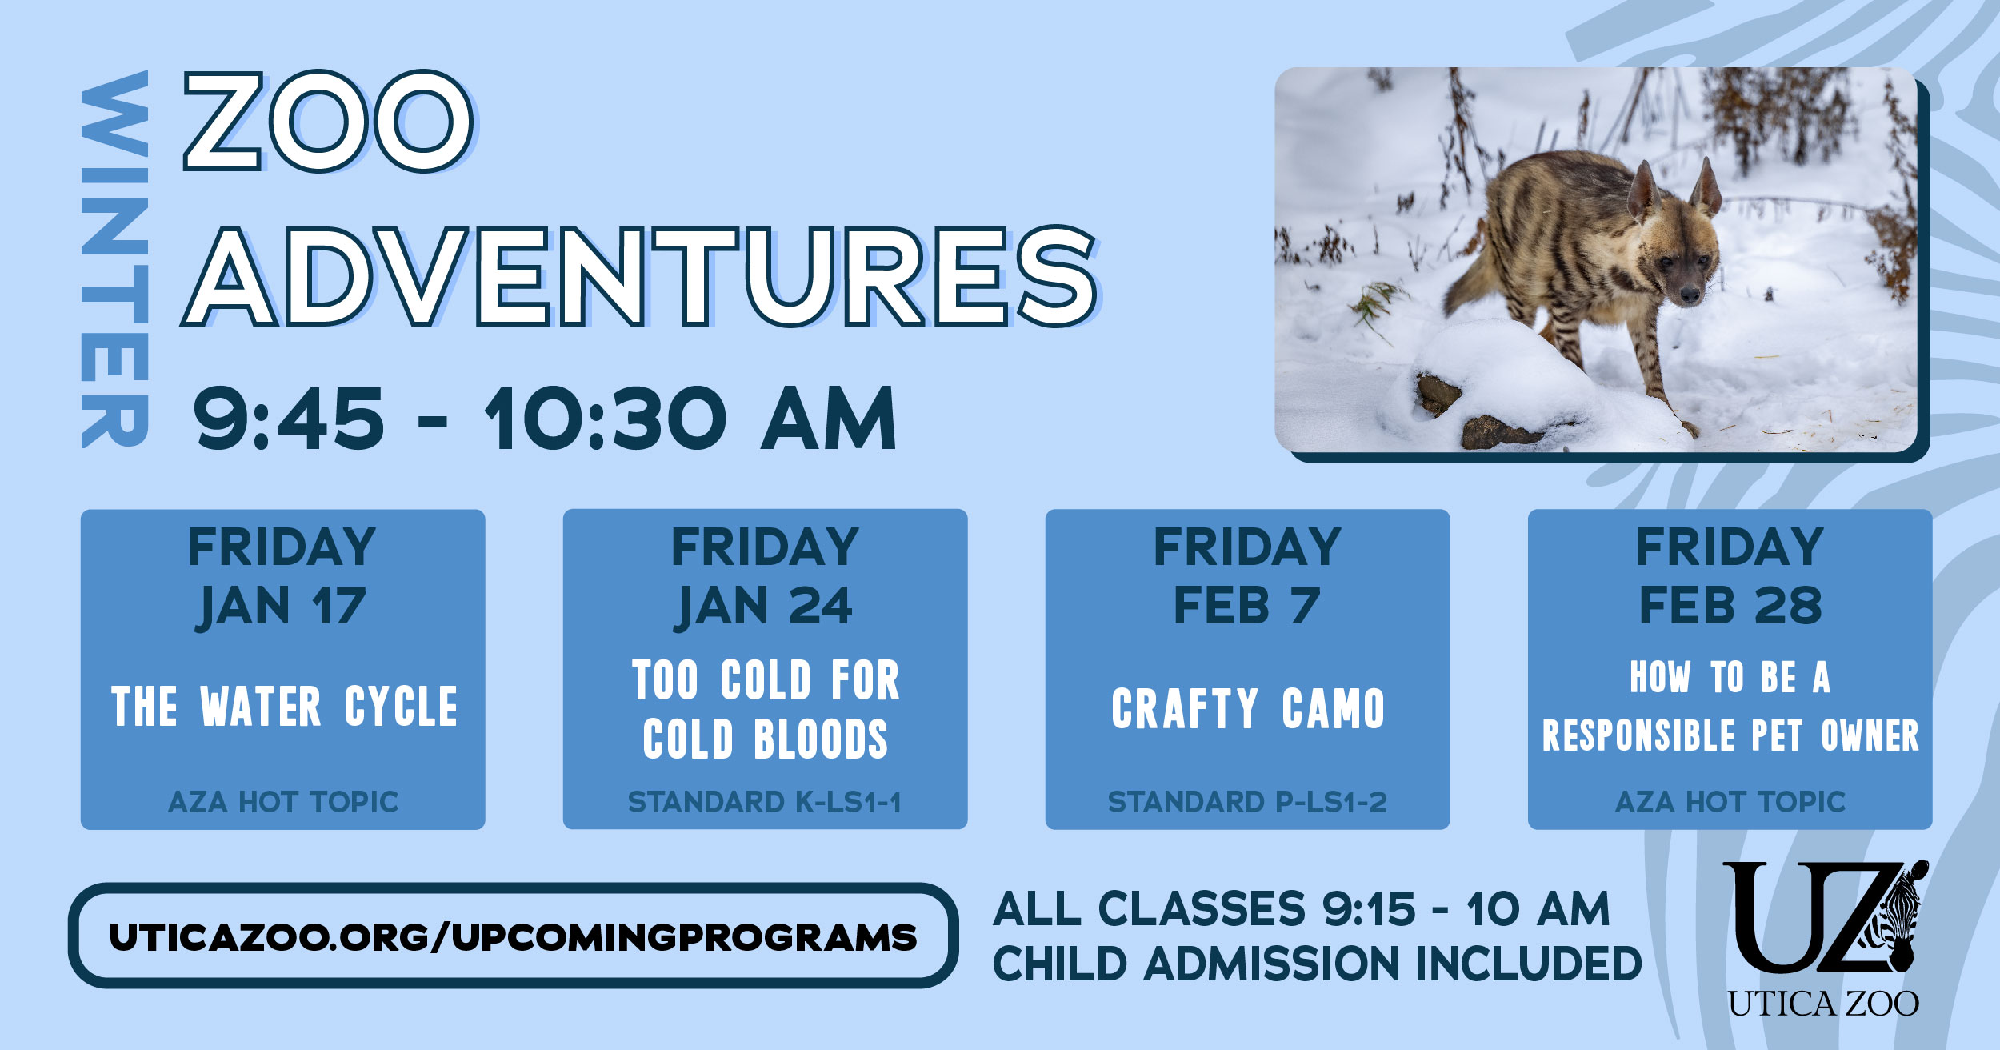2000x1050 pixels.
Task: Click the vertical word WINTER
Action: tap(114, 260)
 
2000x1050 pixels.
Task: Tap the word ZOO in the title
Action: tap(328, 122)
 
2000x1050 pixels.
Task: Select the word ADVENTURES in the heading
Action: tap(640, 276)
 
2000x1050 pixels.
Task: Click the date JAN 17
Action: tap(282, 606)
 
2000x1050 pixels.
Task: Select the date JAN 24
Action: tap(764, 606)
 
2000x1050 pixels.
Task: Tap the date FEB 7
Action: tap(1246, 606)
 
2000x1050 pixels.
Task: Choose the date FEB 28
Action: tap(1730, 606)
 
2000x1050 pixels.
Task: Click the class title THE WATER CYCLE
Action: tap(284, 707)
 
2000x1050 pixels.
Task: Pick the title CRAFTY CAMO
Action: tap(1247, 709)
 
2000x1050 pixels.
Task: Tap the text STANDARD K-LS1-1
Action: tap(764, 802)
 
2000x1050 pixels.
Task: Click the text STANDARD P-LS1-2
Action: tap(1246, 802)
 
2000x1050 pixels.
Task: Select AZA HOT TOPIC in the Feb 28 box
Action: tap(1730, 802)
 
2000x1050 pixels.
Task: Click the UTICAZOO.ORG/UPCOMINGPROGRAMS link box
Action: tap(513, 936)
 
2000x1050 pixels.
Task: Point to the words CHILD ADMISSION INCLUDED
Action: tap(1316, 964)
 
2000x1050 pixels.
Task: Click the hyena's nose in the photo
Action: tap(1690, 295)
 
